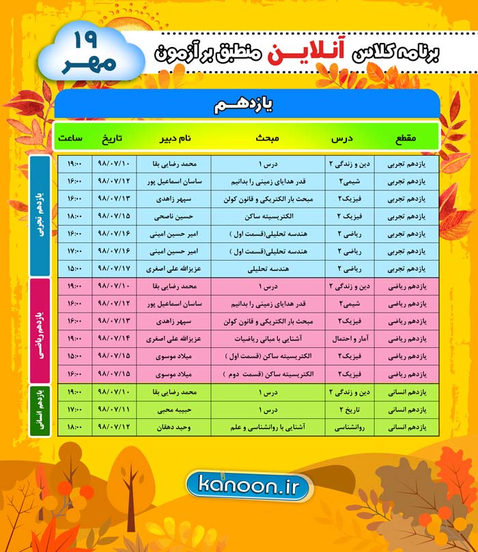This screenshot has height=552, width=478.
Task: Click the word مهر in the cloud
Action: [83, 64]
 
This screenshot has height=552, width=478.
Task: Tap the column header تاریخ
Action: [113, 138]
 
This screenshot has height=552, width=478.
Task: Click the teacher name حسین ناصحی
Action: [173, 216]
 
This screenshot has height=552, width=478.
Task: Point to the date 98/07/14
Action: [114, 337]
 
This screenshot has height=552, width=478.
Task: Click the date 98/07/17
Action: [114, 267]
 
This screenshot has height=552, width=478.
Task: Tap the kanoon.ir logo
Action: [248, 484]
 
